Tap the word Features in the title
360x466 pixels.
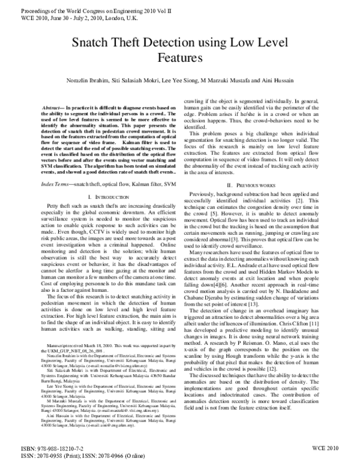pos(179,58)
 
